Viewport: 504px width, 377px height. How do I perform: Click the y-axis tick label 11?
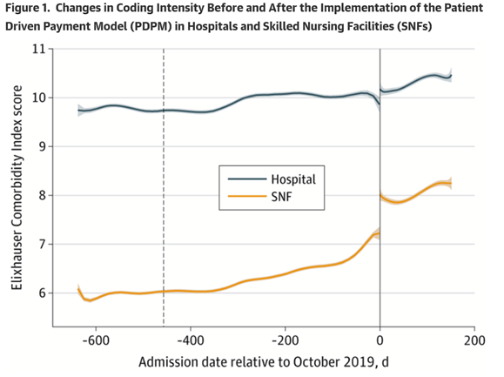38,49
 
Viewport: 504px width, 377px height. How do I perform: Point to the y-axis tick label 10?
38,98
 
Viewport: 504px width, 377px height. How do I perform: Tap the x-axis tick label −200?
284,339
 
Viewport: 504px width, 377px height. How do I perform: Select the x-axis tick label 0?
380,339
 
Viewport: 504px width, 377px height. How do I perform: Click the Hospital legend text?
292,178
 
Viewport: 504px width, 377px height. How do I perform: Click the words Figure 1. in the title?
33,10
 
